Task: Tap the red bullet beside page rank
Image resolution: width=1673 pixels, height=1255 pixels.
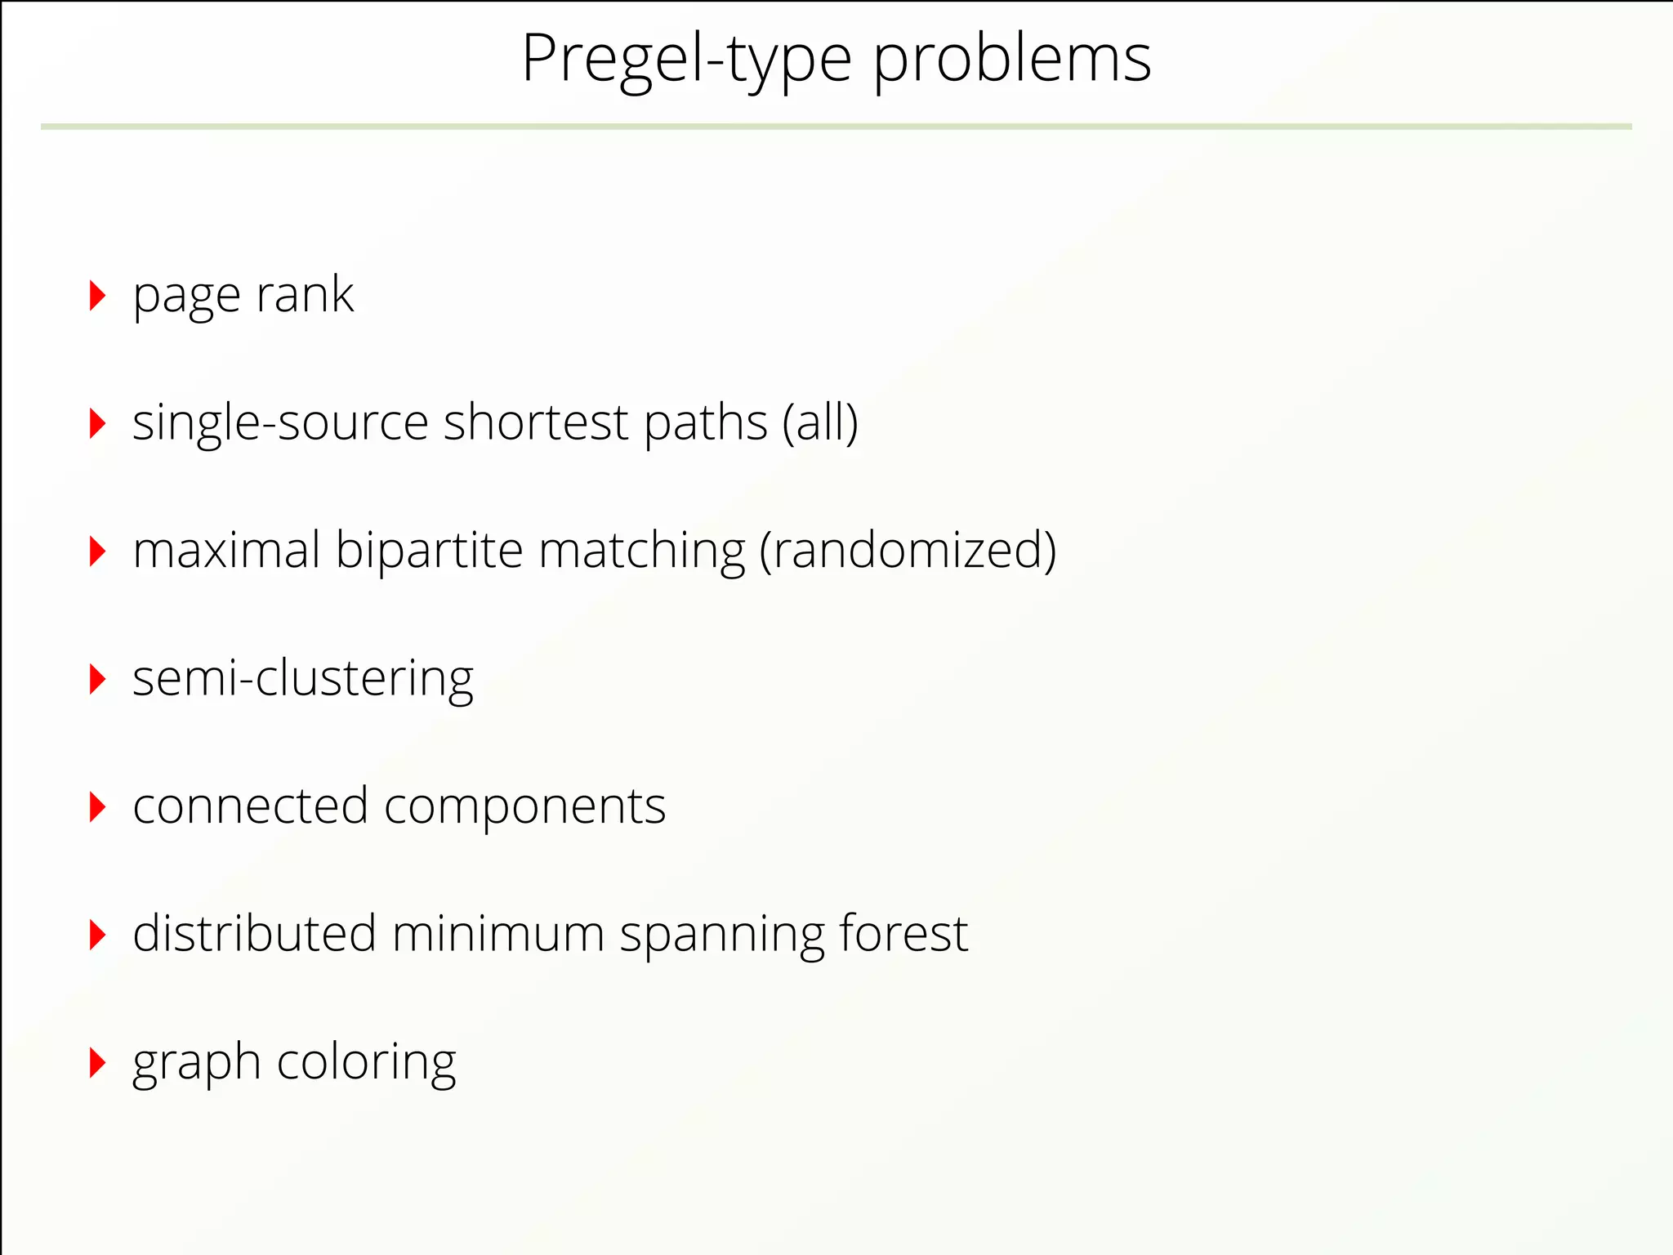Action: tap(97, 295)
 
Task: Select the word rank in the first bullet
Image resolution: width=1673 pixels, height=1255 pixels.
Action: tap(305, 295)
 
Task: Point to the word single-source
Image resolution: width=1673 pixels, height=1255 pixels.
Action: tap(280, 423)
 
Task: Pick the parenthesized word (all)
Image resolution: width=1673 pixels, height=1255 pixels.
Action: tap(820, 423)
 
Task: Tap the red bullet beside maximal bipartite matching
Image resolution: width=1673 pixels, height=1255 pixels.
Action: tap(97, 552)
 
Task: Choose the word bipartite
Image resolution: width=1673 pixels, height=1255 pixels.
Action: tap(429, 552)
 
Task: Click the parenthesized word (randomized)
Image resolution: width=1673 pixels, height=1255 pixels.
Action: tap(908, 552)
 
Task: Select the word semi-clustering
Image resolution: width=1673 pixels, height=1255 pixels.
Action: tap(303, 679)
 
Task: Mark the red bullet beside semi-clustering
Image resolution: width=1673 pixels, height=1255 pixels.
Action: tap(97, 679)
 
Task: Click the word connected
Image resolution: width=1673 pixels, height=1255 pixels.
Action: tap(251, 807)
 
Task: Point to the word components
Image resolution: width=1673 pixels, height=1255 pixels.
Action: tap(525, 807)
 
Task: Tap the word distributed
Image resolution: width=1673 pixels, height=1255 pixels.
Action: tap(254, 935)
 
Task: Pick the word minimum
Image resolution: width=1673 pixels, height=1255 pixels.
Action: tap(497, 935)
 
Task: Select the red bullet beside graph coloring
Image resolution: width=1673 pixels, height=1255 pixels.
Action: tap(97, 1063)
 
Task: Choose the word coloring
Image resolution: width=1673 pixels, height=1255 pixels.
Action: tap(367, 1063)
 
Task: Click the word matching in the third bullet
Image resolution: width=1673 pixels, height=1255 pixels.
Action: tap(642, 552)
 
